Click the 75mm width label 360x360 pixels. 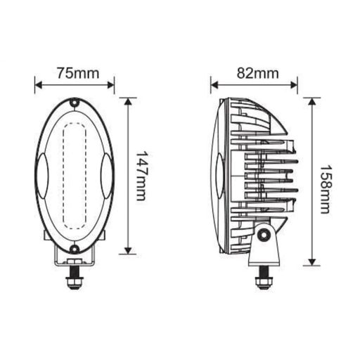74,72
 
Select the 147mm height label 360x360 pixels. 141,175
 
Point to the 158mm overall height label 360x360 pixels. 325,189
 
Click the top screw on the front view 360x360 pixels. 74,103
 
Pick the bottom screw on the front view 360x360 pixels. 74,248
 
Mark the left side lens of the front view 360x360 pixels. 41,175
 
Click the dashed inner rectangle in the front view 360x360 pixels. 74,176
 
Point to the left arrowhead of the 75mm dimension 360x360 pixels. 38,85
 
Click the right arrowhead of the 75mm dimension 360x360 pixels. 110,85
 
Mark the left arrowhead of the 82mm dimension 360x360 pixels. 214,85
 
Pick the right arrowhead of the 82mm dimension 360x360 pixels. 295,85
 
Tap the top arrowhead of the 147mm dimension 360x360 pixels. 127,101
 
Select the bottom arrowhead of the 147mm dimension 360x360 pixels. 127,250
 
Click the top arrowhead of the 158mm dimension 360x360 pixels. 311,101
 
